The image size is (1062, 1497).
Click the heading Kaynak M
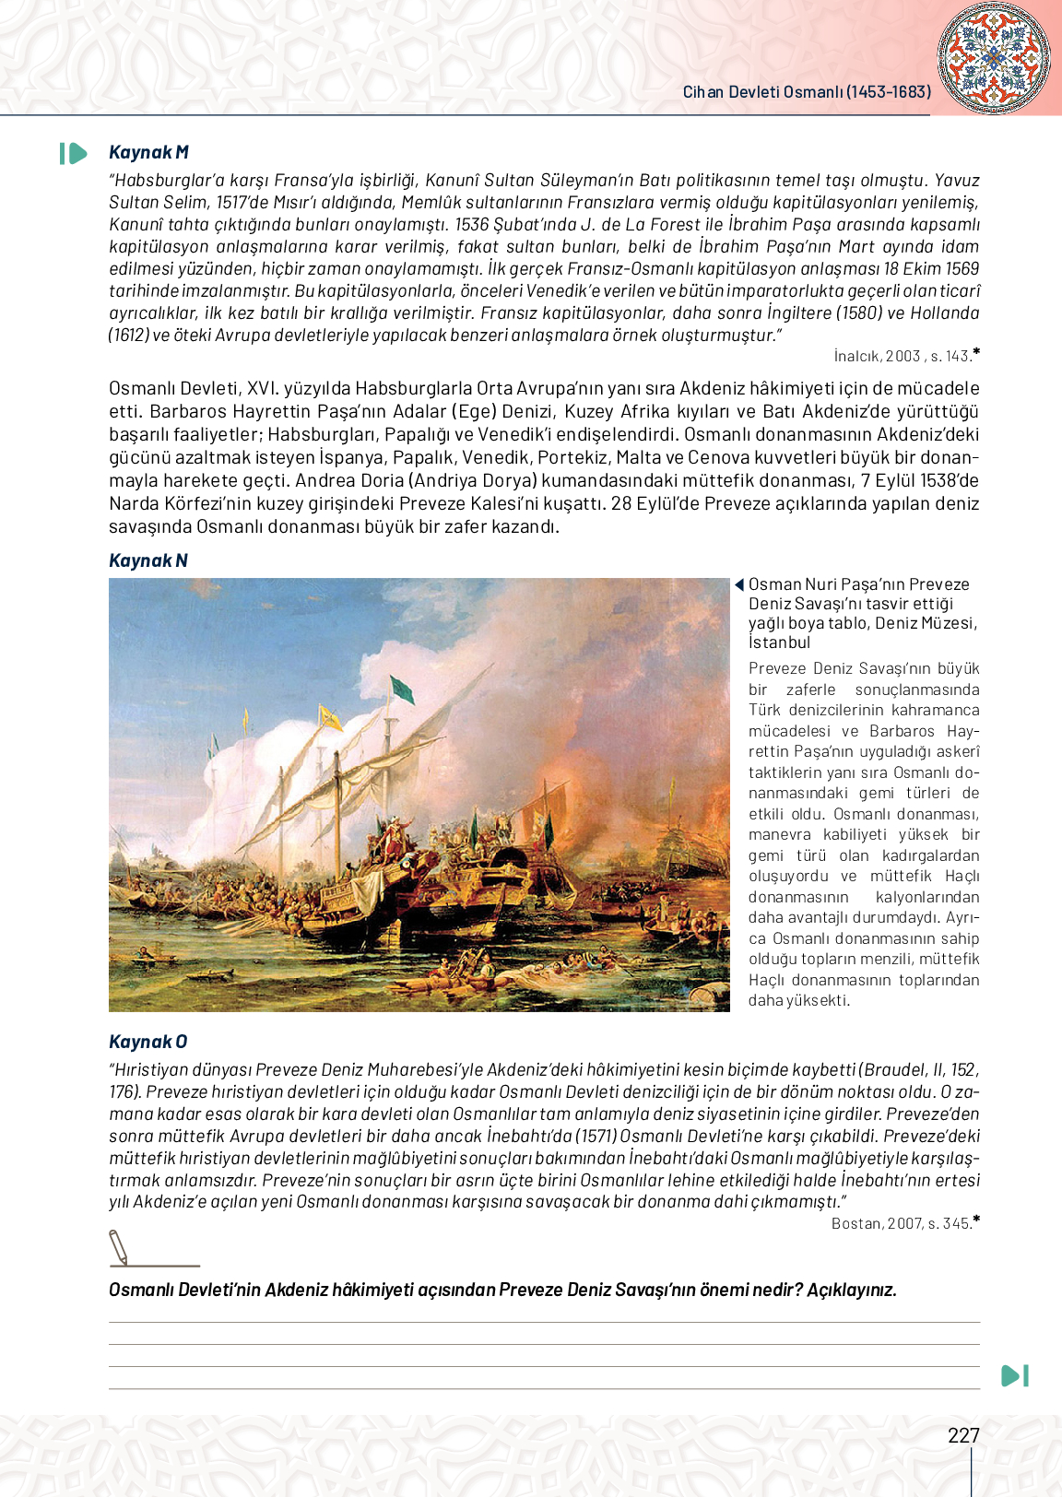pyautogui.click(x=148, y=153)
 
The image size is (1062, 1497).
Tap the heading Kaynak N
pyautogui.click(x=148, y=560)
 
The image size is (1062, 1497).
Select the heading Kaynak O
pyautogui.click(x=148, y=1042)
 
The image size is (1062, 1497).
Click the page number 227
pyautogui.click(x=963, y=1435)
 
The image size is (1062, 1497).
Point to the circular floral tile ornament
pyautogui.click(x=994, y=58)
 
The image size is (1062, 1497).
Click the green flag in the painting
pyautogui.click(x=403, y=688)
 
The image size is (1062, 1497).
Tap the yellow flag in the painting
pyautogui.click(x=329, y=716)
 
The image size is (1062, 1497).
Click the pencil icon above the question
pyautogui.click(x=119, y=1247)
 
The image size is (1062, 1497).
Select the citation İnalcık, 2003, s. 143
pyautogui.click(x=903, y=356)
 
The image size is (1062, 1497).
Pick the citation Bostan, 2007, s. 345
pyautogui.click(x=902, y=1223)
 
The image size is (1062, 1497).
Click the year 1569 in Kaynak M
pyautogui.click(x=962, y=269)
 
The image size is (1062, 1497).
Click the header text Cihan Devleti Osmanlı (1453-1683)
pyautogui.click(x=807, y=92)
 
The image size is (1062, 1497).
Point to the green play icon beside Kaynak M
pyautogui.click(x=74, y=153)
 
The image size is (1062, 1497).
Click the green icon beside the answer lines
pyautogui.click(x=1014, y=1375)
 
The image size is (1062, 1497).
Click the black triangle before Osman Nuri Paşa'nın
pyautogui.click(x=739, y=584)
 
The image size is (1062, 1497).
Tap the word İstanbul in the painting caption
pyautogui.click(x=779, y=642)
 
